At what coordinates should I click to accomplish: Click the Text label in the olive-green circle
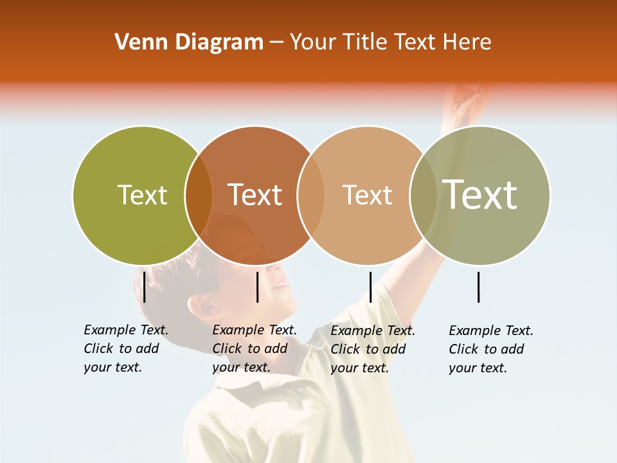142,195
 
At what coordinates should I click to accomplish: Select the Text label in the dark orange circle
255,195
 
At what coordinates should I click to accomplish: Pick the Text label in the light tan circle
367,195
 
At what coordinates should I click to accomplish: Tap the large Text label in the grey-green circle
479,195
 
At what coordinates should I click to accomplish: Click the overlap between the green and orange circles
198,195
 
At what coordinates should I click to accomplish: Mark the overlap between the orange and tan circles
310,195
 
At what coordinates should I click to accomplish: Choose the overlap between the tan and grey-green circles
423,195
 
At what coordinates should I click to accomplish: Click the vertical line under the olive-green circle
145,287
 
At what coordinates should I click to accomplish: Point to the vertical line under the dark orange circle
257,287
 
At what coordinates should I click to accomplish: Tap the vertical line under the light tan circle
370,287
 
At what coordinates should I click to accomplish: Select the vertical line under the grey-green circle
479,287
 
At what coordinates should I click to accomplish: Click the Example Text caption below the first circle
125,349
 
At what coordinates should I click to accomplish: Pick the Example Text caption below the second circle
254,349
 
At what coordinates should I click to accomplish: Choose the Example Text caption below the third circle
372,349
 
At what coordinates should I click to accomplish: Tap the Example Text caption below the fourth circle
490,349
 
